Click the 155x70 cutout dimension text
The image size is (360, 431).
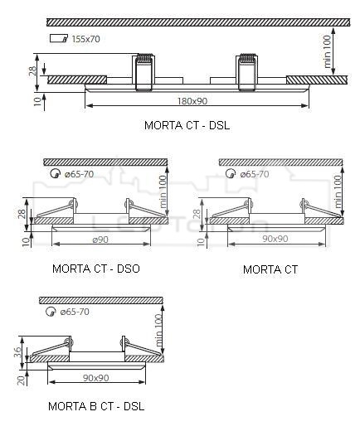[x=85, y=39]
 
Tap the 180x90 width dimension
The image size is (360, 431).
[x=192, y=101]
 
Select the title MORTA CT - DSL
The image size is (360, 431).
[x=187, y=125]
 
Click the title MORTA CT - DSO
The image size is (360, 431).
[x=96, y=269]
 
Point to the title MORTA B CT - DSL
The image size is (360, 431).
[x=96, y=406]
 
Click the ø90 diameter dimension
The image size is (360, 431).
[x=100, y=240]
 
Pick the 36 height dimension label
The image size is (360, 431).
[x=17, y=352]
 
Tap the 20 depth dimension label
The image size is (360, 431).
[x=21, y=380]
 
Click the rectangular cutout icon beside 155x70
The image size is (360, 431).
[x=59, y=38]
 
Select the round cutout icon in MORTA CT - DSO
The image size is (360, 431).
[x=56, y=173]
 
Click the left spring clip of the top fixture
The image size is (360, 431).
[x=144, y=72]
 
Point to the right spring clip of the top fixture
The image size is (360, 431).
[x=247, y=72]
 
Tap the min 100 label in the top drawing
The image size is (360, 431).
[x=327, y=51]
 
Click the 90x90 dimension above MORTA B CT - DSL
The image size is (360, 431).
[x=96, y=378]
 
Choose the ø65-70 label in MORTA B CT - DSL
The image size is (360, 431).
[x=75, y=312]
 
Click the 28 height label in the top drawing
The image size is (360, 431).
[x=32, y=71]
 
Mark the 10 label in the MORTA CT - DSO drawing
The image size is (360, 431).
[x=26, y=241]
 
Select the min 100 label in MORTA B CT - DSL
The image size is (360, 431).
[x=158, y=330]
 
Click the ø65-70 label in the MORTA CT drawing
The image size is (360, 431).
[x=255, y=174]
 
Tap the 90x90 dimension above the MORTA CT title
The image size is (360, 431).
[x=275, y=239]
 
